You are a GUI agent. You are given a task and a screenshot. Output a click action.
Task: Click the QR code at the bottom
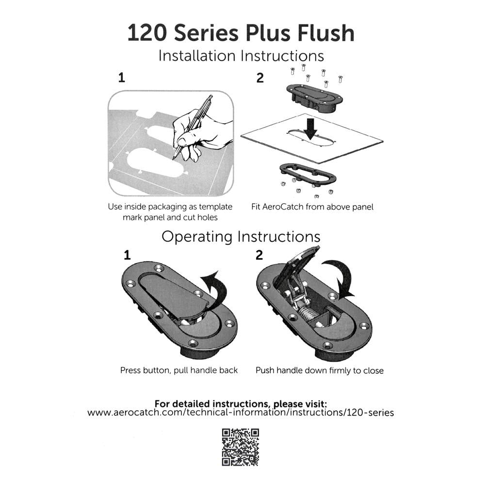(x=241, y=447)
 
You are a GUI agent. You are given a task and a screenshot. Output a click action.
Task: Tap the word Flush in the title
(x=326, y=32)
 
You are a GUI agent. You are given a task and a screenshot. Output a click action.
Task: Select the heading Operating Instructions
(x=241, y=237)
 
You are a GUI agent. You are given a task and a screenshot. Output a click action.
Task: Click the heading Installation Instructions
(x=241, y=56)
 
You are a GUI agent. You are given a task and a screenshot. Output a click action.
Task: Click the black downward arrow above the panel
(x=310, y=129)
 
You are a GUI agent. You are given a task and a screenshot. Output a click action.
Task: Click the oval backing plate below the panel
(x=308, y=174)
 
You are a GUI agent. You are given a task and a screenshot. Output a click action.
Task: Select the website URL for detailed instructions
(x=241, y=413)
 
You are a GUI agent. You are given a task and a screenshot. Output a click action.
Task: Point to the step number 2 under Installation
(x=260, y=78)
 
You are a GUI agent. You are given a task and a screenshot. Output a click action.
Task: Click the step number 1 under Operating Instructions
(x=127, y=255)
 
